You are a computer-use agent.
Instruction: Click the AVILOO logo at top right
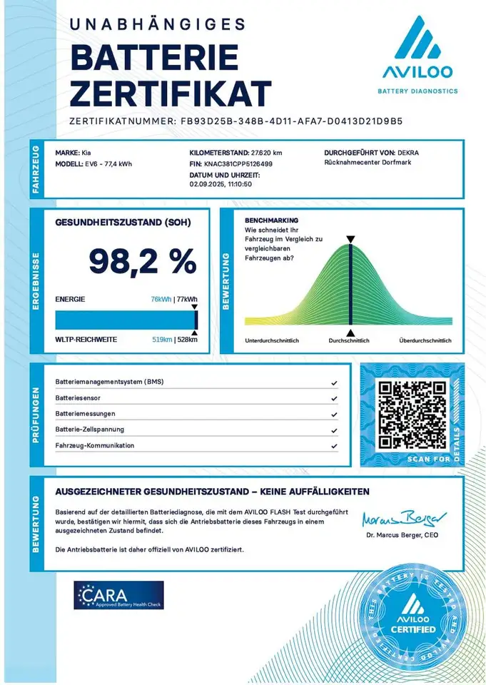pyautogui.click(x=417, y=54)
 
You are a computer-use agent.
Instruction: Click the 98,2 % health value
pyautogui.click(x=142, y=261)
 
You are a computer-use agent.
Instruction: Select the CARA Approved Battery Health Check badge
pyautogui.click(x=118, y=595)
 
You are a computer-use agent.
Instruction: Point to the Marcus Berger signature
pyautogui.click(x=403, y=517)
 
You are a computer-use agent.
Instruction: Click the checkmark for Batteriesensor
pyautogui.click(x=334, y=398)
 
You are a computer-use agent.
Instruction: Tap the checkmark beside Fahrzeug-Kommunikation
pyautogui.click(x=334, y=446)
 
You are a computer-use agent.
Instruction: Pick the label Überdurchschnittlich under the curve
pyautogui.click(x=425, y=340)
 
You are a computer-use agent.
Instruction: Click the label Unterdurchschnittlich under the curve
pyautogui.click(x=272, y=340)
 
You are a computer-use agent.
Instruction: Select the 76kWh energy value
pyautogui.click(x=161, y=300)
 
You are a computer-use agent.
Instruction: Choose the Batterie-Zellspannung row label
pyautogui.click(x=89, y=430)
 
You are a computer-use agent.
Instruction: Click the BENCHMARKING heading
pyautogui.click(x=271, y=220)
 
